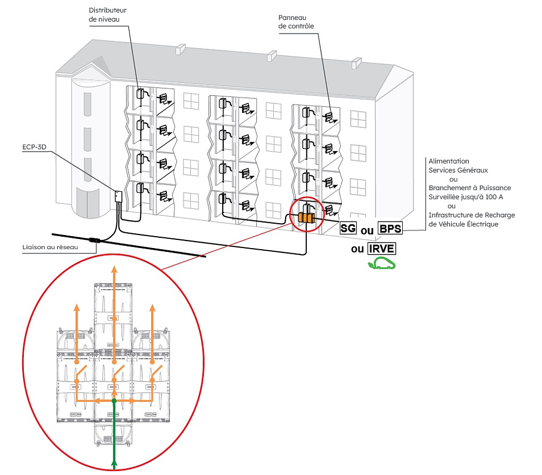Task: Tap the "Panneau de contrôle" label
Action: pos(296,21)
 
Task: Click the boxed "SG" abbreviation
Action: pos(347,229)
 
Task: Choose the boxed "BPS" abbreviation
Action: pos(391,229)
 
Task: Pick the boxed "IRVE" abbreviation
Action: pos(382,249)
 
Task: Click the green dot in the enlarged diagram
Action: pos(114,401)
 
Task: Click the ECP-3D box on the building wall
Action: pos(118,196)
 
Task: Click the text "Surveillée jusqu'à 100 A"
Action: pos(469,197)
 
